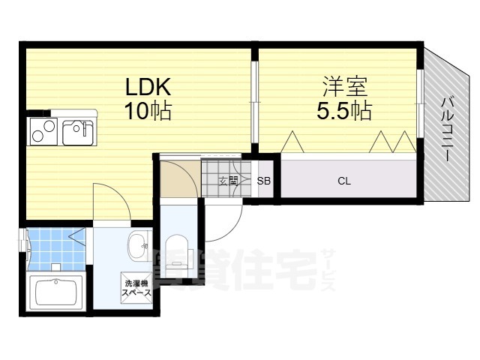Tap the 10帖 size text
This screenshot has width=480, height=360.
tap(148, 112)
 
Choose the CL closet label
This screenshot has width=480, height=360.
tap(344, 181)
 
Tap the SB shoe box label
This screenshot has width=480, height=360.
tap(264, 181)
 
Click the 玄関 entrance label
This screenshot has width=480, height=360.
tap(228, 181)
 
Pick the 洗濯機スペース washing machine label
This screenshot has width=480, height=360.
tap(137, 288)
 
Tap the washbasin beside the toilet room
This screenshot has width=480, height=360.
tap(137, 244)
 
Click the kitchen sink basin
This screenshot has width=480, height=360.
tap(76, 133)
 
